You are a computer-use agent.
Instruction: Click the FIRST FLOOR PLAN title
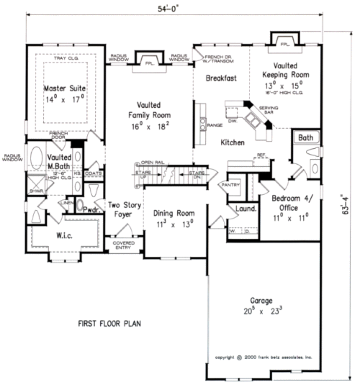109,324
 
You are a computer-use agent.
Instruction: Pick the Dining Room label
173,213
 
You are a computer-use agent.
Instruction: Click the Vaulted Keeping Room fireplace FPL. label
284,44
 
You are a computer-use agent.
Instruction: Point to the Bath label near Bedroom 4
305,138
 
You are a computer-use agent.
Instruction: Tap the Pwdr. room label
91,209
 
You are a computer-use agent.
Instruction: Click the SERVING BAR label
269,110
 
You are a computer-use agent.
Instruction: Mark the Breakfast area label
221,78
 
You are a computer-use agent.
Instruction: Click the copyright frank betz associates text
263,357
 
